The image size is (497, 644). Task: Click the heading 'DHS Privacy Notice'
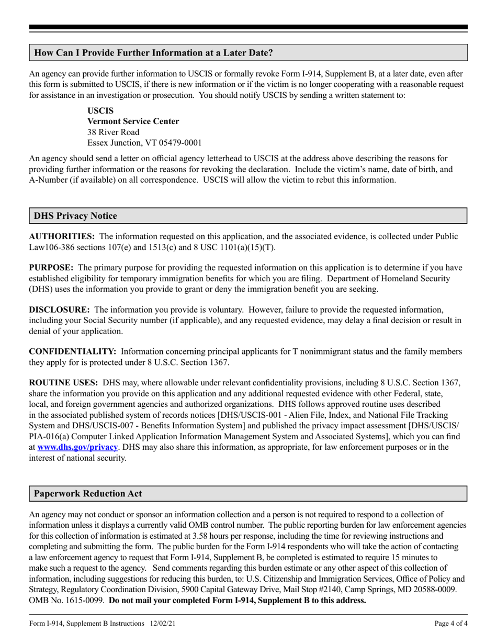tap(75, 216)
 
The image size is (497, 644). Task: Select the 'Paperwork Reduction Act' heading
tap(87, 494)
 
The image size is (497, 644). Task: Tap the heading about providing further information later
tap(153, 53)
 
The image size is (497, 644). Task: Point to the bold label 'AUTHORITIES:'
tap(62, 237)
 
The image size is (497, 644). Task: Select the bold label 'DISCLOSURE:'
tap(59, 310)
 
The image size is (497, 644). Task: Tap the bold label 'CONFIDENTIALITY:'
tap(72, 352)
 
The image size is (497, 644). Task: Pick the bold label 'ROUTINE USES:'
tap(63, 383)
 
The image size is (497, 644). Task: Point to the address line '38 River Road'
tap(113, 132)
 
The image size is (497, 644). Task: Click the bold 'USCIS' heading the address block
tap(100, 111)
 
